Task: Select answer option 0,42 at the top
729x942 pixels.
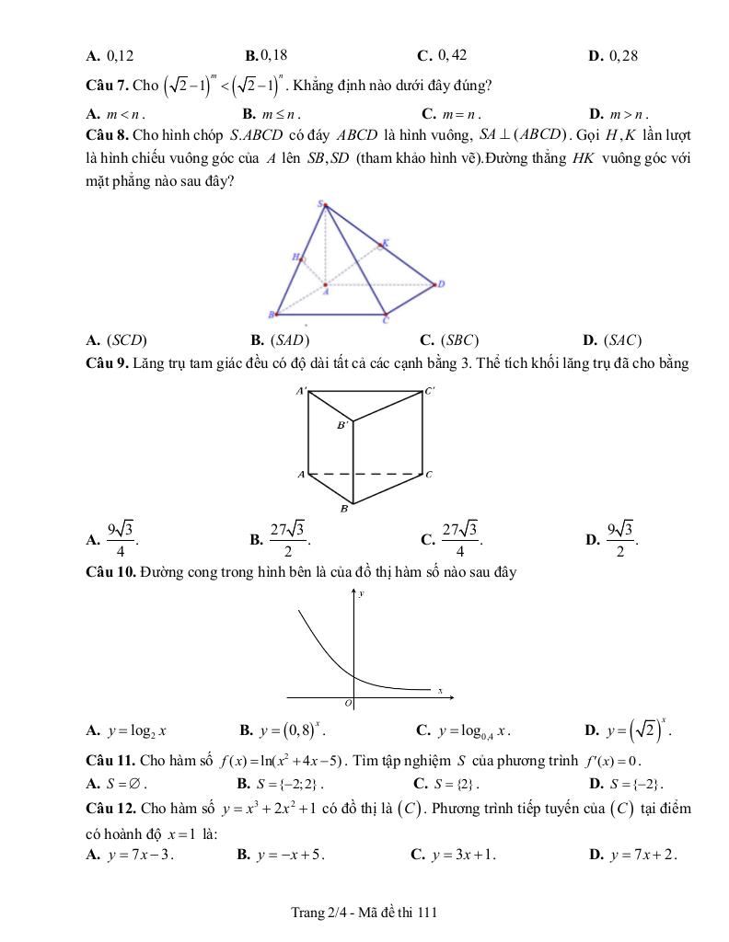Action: click(x=453, y=55)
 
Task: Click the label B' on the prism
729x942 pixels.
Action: click(x=342, y=425)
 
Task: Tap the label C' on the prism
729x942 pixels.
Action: click(x=429, y=391)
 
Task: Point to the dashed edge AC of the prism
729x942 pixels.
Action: click(x=365, y=474)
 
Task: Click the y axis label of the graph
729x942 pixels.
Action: click(x=361, y=594)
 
